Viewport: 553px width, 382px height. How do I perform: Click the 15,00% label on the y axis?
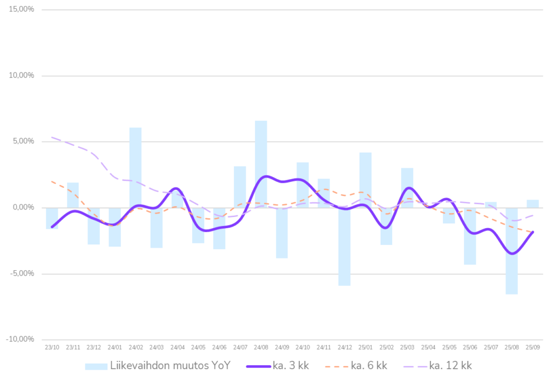point(22,10)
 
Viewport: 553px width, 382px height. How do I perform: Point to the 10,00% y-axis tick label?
point(22,76)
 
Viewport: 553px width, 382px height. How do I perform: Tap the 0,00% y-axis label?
point(23,207)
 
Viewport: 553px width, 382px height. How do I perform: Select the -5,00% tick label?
point(22,274)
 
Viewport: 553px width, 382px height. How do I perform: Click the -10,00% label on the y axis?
point(21,339)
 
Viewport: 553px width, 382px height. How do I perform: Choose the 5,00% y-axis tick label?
point(23,141)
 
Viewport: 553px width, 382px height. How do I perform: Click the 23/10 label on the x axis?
point(52,347)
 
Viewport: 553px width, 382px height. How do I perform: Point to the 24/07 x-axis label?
point(240,347)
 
